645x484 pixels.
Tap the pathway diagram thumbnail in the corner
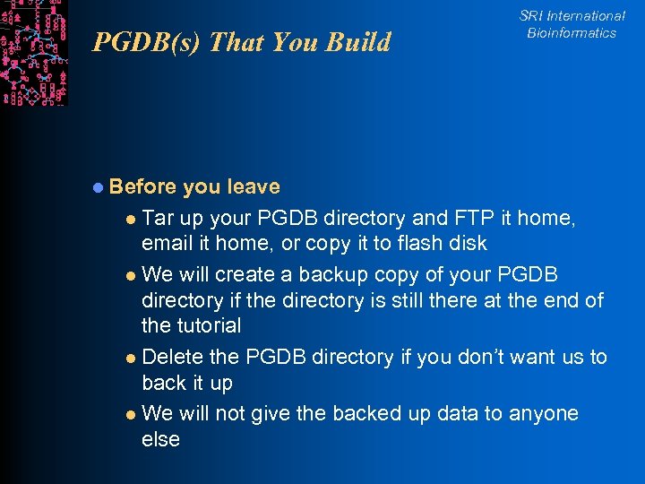[x=34, y=52]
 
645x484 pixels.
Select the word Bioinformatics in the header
[x=572, y=33]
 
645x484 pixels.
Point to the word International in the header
[x=586, y=16]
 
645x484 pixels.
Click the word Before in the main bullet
[x=143, y=186]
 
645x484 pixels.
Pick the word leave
[x=254, y=186]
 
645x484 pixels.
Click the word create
[x=258, y=273]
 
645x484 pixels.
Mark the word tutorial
[x=208, y=325]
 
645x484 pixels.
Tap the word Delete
[x=172, y=357]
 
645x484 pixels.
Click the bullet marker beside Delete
[x=131, y=358]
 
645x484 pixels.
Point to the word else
[x=160, y=439]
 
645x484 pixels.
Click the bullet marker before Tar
[x=131, y=219]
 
